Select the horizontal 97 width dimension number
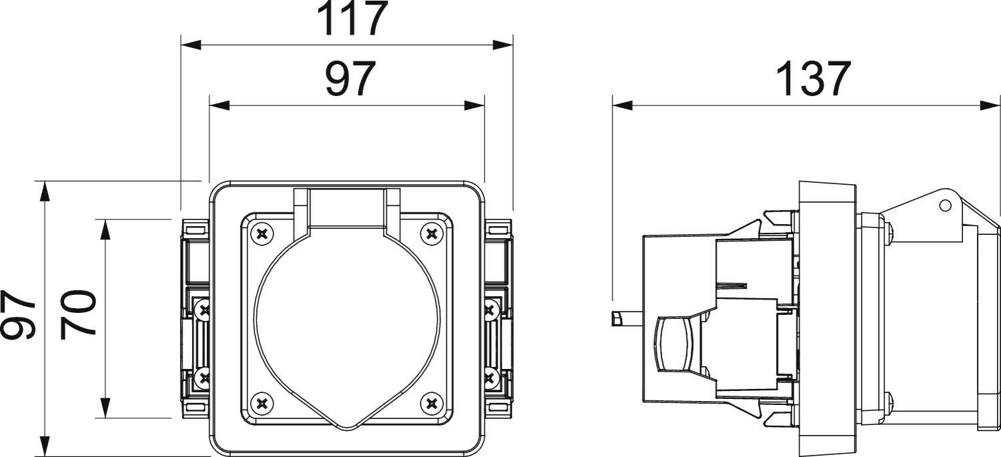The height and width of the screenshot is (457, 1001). click(x=350, y=79)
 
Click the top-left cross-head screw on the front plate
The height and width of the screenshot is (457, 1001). click(x=261, y=234)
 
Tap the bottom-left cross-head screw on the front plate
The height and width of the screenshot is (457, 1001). click(x=261, y=403)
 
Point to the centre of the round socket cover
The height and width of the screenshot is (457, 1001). click(x=346, y=320)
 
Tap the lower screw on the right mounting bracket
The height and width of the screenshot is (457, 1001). click(x=489, y=378)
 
